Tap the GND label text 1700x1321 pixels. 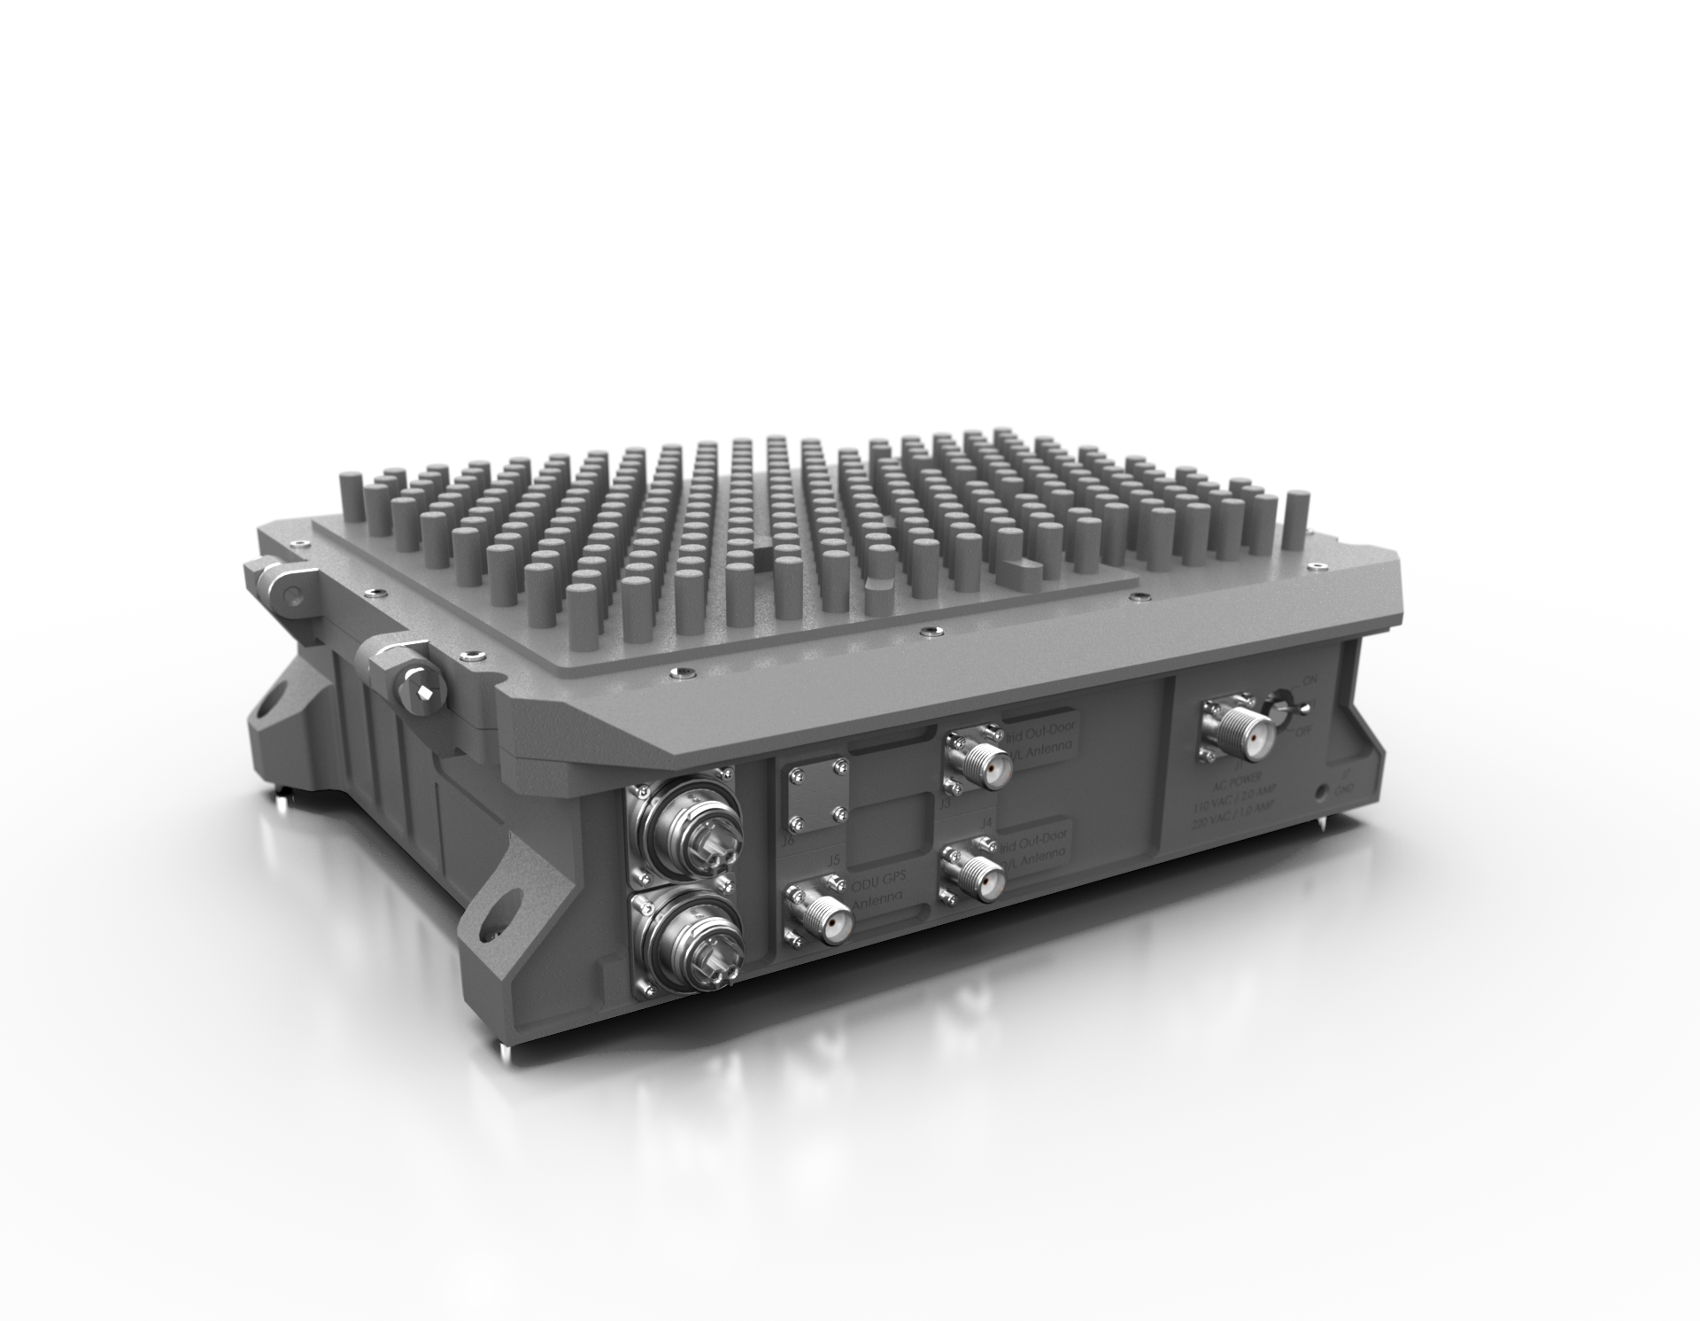(1344, 787)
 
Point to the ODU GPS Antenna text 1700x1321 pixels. (876, 895)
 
